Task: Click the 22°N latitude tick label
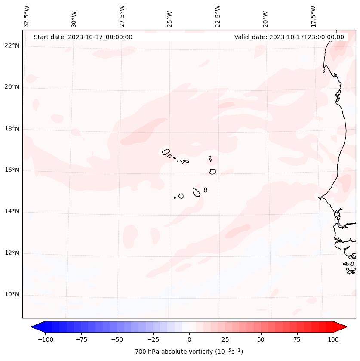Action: coord(12,46)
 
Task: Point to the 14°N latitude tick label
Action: coord(12,211)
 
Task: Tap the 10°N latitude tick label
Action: coord(12,294)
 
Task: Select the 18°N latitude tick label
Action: coord(12,129)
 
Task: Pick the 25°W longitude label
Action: coord(170,17)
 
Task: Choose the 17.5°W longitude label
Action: coord(313,16)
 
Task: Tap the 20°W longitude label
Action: coord(265,17)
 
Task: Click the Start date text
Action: coord(83,37)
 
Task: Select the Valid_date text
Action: coord(289,37)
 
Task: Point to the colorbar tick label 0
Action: coord(189,339)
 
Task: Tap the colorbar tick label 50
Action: coord(261,339)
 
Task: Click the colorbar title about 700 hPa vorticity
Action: coord(189,352)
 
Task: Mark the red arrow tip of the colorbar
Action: coord(346,327)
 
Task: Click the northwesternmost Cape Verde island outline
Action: coord(166,151)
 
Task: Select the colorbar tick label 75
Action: coord(297,339)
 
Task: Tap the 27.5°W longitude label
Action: coord(122,16)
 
